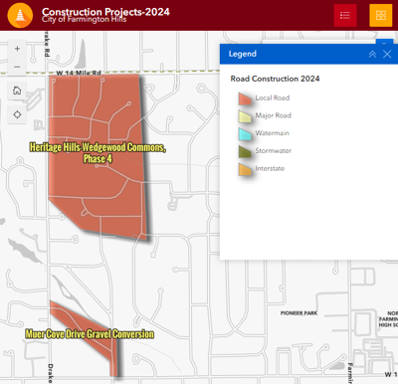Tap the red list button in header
coord(345,15)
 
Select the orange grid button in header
coord(380,15)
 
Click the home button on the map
coord(17,91)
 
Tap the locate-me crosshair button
coord(17,114)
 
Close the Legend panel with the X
coord(387,54)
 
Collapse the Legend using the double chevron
coord(372,54)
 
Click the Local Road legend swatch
coord(245,97)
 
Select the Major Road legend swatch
coord(245,115)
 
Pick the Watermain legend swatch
coord(245,133)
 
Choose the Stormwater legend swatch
coord(245,151)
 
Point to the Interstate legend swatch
coord(245,169)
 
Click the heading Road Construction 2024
coord(275,78)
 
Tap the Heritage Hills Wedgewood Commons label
coord(98,153)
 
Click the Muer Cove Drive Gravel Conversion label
coord(91,334)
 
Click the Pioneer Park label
coord(298,313)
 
